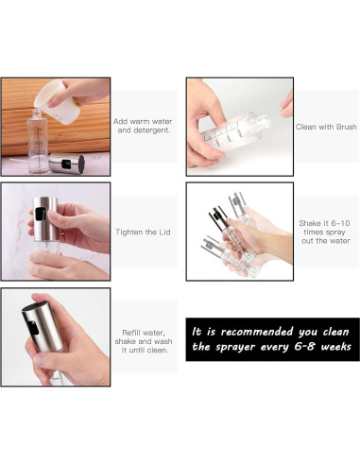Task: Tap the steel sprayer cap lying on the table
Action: (67, 164)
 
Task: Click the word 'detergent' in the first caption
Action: (144, 130)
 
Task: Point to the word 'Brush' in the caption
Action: (346, 127)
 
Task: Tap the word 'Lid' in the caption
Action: (164, 232)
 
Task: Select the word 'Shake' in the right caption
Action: (310, 223)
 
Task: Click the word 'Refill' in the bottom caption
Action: (129, 333)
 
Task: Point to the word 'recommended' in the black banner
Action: (257, 332)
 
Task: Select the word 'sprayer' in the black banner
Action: (235, 347)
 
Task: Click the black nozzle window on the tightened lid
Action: (41, 214)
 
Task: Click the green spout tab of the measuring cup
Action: (75, 102)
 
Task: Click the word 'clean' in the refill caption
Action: (157, 350)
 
